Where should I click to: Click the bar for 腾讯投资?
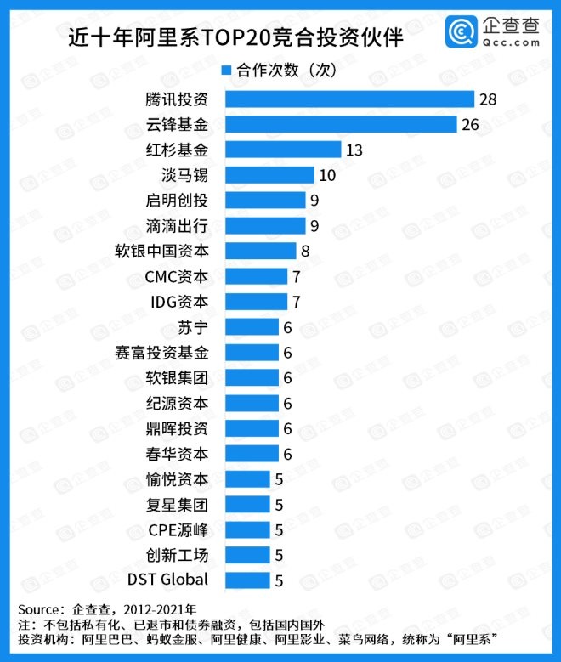348,99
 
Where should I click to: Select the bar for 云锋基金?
339,125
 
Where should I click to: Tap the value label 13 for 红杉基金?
355,150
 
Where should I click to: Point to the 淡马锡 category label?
184,176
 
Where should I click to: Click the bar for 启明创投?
263,201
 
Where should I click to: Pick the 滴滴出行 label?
176,226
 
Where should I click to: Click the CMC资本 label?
176,276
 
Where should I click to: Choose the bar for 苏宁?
251,327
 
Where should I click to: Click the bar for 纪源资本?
251,403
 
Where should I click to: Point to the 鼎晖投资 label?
176,428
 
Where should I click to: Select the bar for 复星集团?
246,504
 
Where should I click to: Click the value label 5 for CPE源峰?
278,529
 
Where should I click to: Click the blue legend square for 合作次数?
227,71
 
